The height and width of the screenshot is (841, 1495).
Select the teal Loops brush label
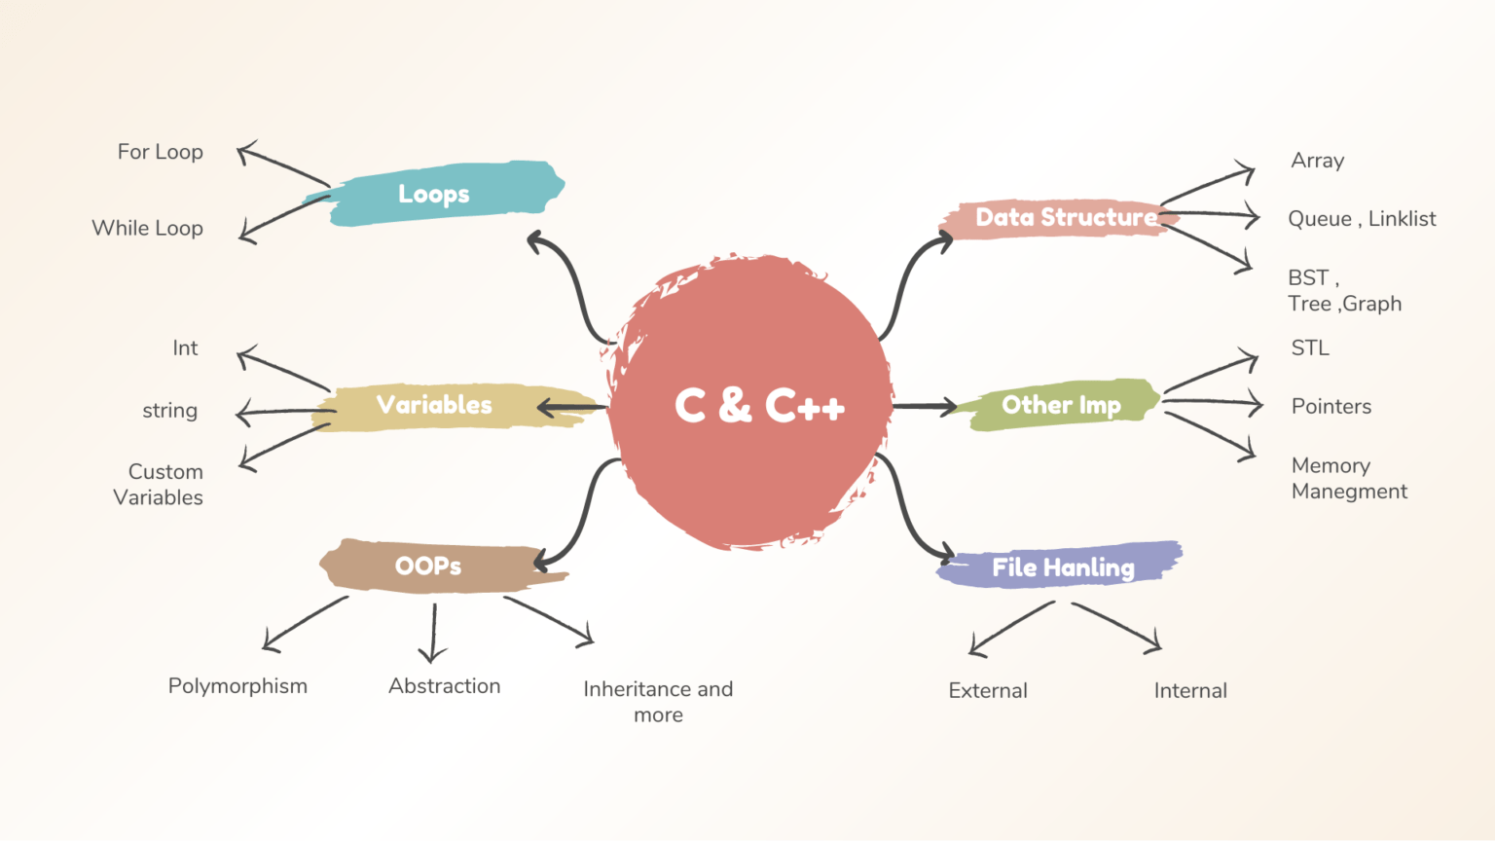434,194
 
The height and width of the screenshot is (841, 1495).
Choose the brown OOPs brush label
442,566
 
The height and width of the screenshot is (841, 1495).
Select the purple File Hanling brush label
1060,566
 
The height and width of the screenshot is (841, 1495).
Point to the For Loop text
161,152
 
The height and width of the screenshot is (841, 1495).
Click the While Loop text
148,229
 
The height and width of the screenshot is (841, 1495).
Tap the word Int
185,347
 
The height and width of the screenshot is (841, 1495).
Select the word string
169,411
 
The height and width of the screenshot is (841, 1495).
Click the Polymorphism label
237,687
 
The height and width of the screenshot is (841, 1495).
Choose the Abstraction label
445,686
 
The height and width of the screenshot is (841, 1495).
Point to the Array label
1318,161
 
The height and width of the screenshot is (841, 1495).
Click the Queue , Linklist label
1362,219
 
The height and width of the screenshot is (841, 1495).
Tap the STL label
1309,347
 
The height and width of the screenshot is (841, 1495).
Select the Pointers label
1331,407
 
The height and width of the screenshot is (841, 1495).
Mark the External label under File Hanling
988,691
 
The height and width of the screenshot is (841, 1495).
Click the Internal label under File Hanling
1190,691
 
